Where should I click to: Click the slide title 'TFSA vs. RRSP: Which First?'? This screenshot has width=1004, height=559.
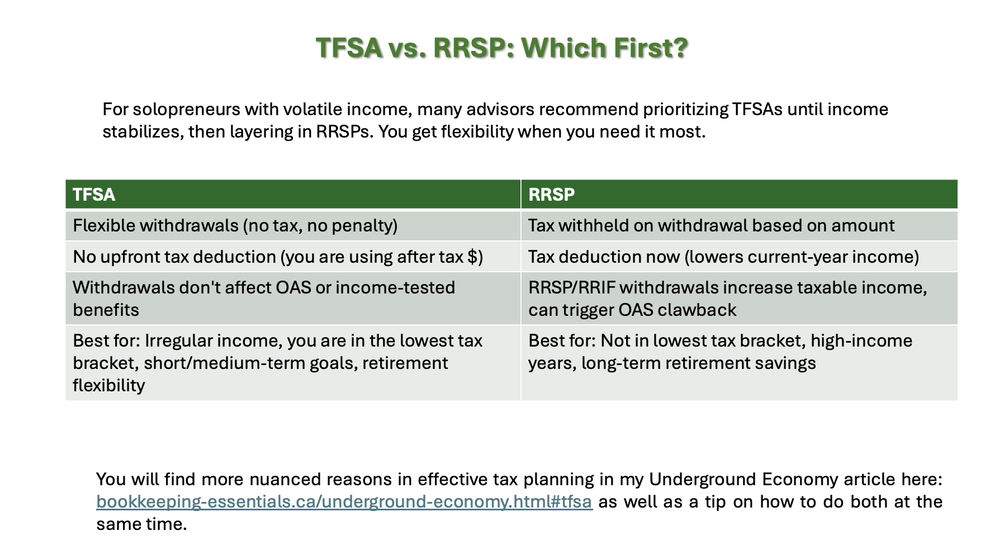pyautogui.click(x=501, y=48)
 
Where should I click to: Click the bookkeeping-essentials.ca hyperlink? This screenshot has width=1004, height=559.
pyautogui.click(x=344, y=501)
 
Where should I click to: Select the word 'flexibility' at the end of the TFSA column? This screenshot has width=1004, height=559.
pyautogui.click(x=108, y=385)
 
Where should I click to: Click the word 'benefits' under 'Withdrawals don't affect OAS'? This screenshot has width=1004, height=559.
pyautogui.click(x=106, y=310)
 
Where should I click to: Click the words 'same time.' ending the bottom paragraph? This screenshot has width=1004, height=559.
pyautogui.click(x=141, y=524)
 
